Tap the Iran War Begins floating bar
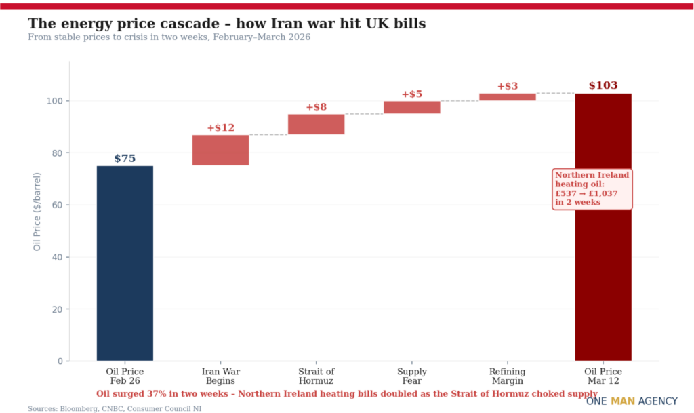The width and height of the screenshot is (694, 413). point(220,150)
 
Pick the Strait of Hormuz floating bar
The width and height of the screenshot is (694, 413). point(316,124)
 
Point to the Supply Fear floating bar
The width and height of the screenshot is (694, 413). point(411,107)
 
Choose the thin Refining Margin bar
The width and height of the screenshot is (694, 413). point(507,97)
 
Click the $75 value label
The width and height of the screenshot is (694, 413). point(125,159)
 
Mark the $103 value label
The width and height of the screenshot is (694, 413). point(603,86)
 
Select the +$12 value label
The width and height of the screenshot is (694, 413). point(220,128)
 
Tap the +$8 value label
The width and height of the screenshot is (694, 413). point(316,107)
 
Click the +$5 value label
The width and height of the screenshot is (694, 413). point(411,94)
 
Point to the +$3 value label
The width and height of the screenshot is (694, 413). point(507,86)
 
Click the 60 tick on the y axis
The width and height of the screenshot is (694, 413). point(58,205)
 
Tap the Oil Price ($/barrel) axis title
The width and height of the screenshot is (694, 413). point(37,211)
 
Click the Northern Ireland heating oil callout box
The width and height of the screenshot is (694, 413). point(592,189)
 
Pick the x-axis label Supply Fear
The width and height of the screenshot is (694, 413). point(411,376)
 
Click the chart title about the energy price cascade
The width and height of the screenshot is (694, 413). point(226,24)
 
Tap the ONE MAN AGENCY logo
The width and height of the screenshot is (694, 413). point(632,401)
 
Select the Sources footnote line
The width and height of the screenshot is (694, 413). point(115,408)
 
